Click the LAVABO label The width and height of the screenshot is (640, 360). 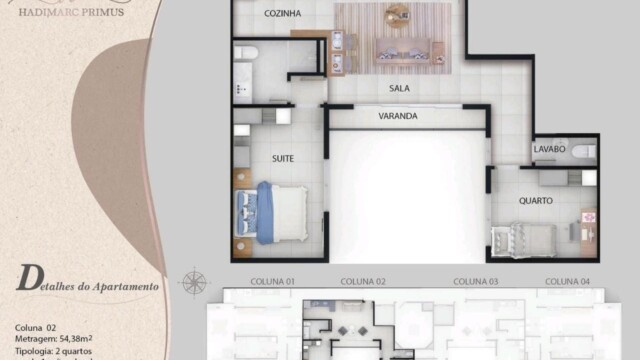pyautogui.click(x=550, y=149)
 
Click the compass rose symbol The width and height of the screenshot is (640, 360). pyautogui.click(x=195, y=281)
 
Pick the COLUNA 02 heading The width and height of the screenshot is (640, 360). pyautogui.click(x=363, y=281)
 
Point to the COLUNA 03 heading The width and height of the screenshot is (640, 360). pyautogui.click(x=476, y=281)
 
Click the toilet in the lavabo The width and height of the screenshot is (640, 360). pyautogui.click(x=588, y=152)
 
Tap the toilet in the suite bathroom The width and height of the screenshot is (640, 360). pyautogui.click(x=247, y=51)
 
